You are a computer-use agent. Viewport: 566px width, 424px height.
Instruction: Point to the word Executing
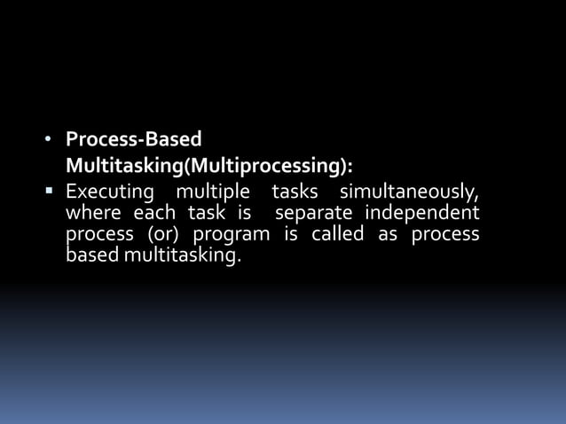tap(110, 192)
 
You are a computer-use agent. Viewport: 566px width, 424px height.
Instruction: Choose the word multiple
tap(213, 192)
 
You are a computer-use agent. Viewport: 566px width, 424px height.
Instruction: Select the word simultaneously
tap(410, 193)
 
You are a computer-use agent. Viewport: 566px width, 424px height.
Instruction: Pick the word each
tap(155, 214)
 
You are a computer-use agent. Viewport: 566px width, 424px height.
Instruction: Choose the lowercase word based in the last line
tap(93, 256)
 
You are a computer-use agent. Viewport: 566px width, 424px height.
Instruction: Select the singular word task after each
tap(206, 214)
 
